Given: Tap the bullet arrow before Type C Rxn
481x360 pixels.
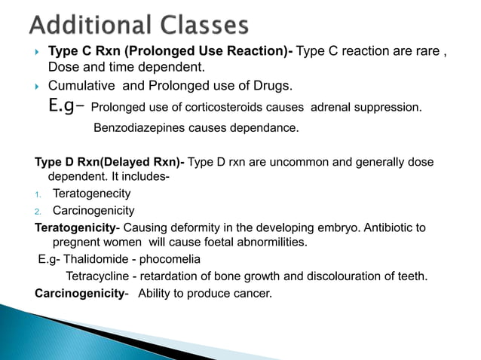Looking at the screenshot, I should [x=37, y=52].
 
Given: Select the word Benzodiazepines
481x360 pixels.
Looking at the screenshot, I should [x=136, y=128].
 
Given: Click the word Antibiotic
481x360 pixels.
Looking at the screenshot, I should [x=377, y=227].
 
